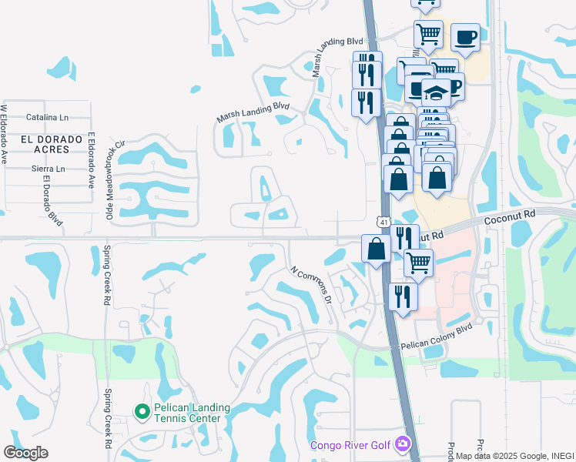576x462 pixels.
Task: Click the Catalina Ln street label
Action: tap(47, 118)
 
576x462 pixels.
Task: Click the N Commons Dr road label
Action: tap(311, 284)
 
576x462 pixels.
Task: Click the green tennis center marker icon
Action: tap(142, 412)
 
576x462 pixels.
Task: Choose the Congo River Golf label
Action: tap(351, 445)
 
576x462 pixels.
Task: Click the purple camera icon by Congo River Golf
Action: tap(402, 444)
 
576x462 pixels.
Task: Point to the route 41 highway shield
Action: tap(383, 222)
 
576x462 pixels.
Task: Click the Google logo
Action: tap(25, 452)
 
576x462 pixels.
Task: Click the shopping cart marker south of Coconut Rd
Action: tap(418, 263)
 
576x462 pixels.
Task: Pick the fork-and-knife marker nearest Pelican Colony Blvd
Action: tap(403, 295)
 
